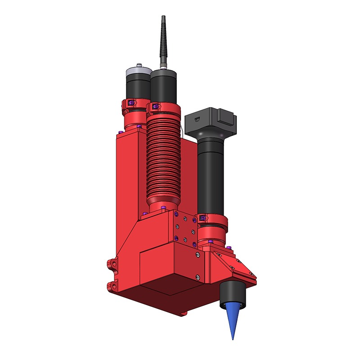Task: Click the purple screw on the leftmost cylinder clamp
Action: (x=130, y=103)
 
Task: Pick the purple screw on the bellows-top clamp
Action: (x=155, y=107)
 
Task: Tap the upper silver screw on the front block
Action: (x=198, y=255)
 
